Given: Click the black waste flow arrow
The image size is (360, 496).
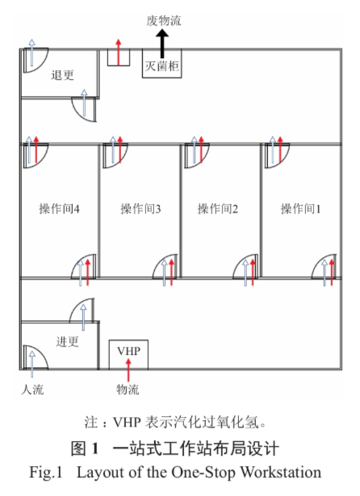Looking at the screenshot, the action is pyautogui.click(x=162, y=44).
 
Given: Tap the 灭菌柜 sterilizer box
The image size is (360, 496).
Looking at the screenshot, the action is pyautogui.click(x=161, y=63).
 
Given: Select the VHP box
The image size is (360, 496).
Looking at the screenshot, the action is pyautogui.click(x=128, y=354).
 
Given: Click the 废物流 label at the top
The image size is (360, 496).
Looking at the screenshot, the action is pyautogui.click(x=164, y=21).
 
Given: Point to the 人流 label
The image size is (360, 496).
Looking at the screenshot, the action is pyautogui.click(x=32, y=390).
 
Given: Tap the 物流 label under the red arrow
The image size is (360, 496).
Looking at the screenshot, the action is pyautogui.click(x=128, y=390).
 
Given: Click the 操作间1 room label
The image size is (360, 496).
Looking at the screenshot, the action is pyautogui.click(x=300, y=209).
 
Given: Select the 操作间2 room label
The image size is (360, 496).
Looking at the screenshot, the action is pyautogui.click(x=218, y=209).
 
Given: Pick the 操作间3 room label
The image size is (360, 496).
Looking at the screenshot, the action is pyautogui.click(x=140, y=209).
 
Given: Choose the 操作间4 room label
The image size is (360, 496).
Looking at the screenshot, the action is pyautogui.click(x=59, y=209).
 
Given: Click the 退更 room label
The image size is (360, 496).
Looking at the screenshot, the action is pyautogui.click(x=62, y=75).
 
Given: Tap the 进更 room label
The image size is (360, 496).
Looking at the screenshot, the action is pyautogui.click(x=67, y=342).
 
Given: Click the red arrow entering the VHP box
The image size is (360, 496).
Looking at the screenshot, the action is pyautogui.click(x=128, y=371).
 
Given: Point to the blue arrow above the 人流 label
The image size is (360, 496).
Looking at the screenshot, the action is pyautogui.click(x=32, y=364).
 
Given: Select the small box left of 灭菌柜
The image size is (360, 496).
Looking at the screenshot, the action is pyautogui.click(x=119, y=57).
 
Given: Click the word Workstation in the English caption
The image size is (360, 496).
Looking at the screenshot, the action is pyautogui.click(x=281, y=473).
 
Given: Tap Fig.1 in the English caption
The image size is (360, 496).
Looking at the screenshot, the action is pyautogui.click(x=46, y=473).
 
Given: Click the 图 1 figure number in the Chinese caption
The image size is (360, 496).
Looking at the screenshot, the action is pyautogui.click(x=85, y=448).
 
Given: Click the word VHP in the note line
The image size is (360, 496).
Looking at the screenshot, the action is pyautogui.click(x=127, y=423).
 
